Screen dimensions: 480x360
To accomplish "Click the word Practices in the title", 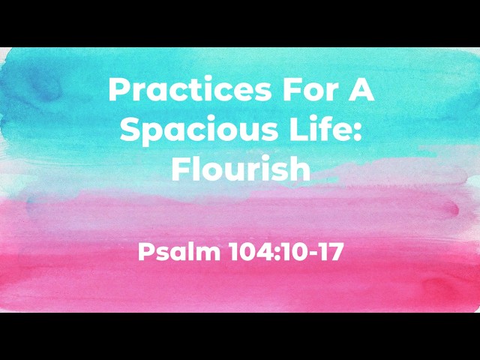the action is [x=190, y=89].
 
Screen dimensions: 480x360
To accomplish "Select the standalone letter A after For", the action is [x=361, y=89].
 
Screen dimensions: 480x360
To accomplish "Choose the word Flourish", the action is [x=241, y=168].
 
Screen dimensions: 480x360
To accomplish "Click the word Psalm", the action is [x=179, y=252].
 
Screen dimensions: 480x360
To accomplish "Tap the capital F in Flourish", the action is [x=180, y=168].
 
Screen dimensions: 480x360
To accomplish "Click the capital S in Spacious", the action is [x=130, y=130].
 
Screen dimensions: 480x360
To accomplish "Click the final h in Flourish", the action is [x=301, y=168].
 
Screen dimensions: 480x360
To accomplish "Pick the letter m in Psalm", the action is [x=208, y=255].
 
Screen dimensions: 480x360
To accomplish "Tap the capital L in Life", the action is [x=299, y=130].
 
